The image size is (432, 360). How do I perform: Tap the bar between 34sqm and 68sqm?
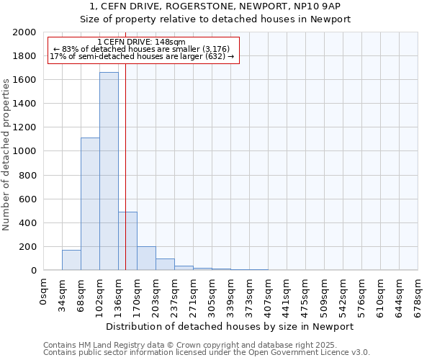(71, 260)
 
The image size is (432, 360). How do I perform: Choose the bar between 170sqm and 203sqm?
(146, 258)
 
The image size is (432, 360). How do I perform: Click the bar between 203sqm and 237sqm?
(165, 264)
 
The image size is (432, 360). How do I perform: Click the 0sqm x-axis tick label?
(43, 290)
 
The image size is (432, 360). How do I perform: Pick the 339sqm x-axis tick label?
(230, 294)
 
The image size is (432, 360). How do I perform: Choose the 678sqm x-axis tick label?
(418, 294)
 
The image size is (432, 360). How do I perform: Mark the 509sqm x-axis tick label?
(324, 294)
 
